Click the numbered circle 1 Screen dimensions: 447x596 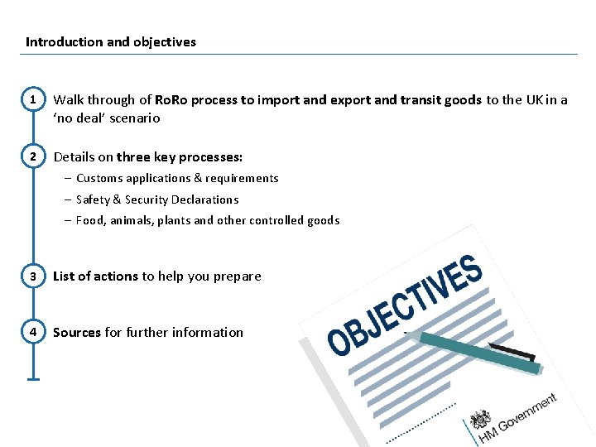click(x=33, y=100)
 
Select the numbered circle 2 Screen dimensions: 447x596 click(x=33, y=156)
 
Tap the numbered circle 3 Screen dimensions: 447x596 click(x=33, y=276)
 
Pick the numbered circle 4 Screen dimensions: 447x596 click(x=33, y=332)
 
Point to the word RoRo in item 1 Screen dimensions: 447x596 click(x=171, y=100)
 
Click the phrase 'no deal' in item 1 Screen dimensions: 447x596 click(x=79, y=118)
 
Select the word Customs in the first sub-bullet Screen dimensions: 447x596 click(x=99, y=178)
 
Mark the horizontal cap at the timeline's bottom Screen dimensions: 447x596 click(x=33, y=379)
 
